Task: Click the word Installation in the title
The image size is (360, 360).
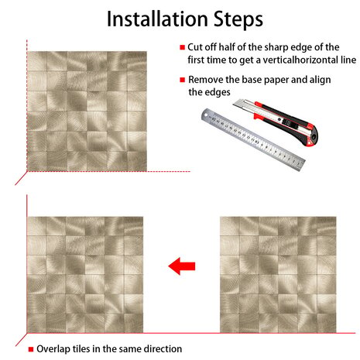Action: pyautogui.click(x=157, y=19)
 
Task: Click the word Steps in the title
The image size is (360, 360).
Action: pyautogui.click(x=238, y=20)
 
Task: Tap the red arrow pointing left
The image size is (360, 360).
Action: pyautogui.click(x=182, y=266)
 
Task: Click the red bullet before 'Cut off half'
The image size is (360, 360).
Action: pyautogui.click(x=183, y=47)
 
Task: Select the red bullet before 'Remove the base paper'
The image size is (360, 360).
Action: pyautogui.click(x=183, y=80)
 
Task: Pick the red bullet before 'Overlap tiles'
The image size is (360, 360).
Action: pyautogui.click(x=31, y=349)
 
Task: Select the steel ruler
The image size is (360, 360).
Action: pyautogui.click(x=253, y=139)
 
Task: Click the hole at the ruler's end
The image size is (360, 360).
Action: pyautogui.click(x=206, y=115)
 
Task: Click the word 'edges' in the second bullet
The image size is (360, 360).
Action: pyautogui.click(x=218, y=93)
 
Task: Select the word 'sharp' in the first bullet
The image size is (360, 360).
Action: pyautogui.click(x=276, y=48)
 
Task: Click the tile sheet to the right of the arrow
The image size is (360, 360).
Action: pyautogui.click(x=278, y=275)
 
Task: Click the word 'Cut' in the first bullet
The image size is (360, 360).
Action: pyautogui.click(x=195, y=47)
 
